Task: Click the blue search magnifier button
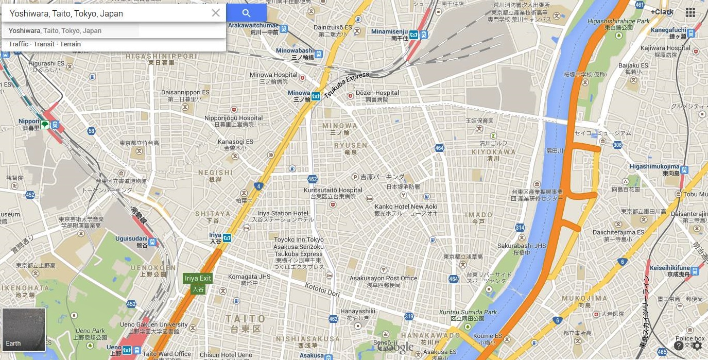tap(246, 13)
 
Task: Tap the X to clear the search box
tap(216, 13)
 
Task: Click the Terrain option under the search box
tap(70, 44)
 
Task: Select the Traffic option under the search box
tap(19, 44)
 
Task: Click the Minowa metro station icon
tap(316, 96)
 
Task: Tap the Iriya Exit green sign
tap(198, 278)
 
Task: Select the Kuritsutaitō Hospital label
tap(333, 190)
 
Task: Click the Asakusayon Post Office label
tap(383, 278)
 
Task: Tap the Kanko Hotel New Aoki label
tap(406, 207)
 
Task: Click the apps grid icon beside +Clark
tap(690, 12)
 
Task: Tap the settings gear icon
tap(697, 346)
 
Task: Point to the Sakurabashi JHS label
tap(521, 246)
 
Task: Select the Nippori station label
tap(29, 122)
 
